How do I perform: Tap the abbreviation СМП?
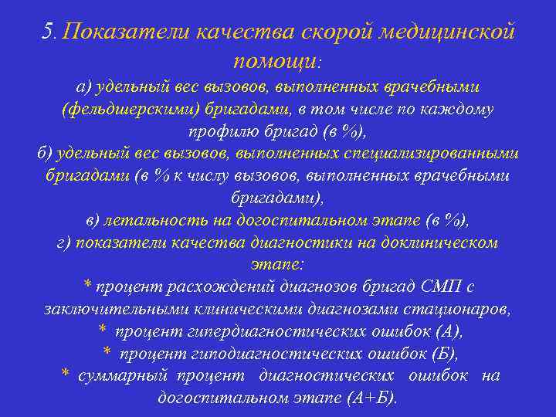[437, 286]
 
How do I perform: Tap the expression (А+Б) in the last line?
[370, 398]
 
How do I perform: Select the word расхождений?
[205, 286]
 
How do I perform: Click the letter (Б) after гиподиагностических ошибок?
[443, 354]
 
